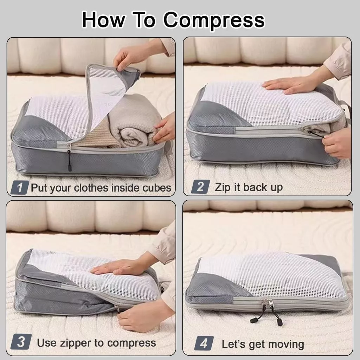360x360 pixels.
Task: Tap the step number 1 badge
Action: tap(20, 187)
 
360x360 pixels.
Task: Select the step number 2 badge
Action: tap(200, 187)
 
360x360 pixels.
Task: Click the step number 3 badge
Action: tap(21, 342)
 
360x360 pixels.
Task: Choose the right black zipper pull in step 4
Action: tap(277, 317)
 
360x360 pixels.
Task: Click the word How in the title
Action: tap(104, 20)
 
